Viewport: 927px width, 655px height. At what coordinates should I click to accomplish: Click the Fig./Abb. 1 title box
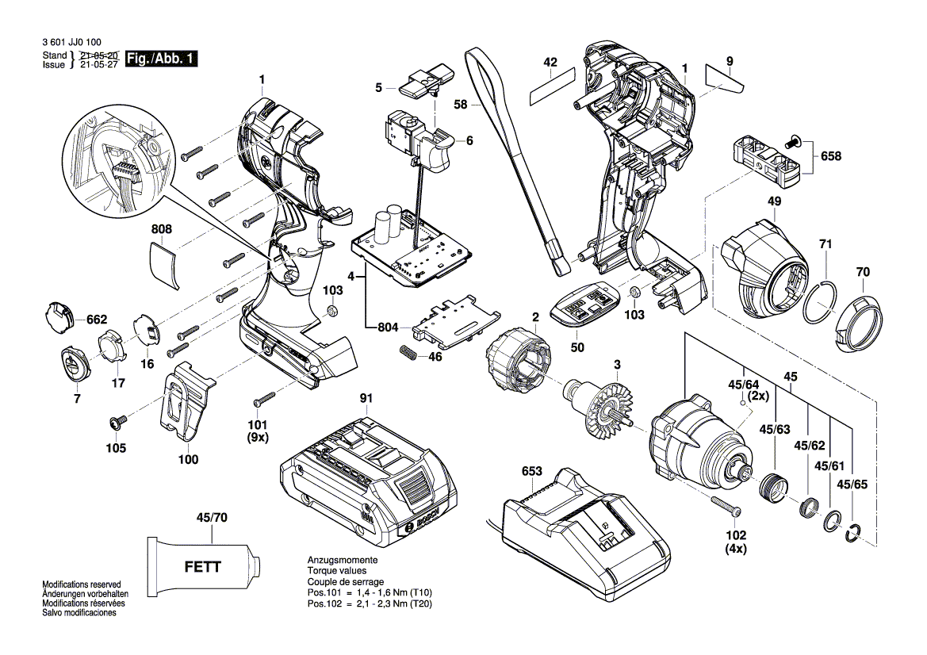[163, 59]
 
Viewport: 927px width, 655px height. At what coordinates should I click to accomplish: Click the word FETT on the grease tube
[203, 567]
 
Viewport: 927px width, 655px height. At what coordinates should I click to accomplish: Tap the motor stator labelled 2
[518, 362]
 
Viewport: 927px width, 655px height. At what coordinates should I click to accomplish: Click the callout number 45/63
[775, 430]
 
